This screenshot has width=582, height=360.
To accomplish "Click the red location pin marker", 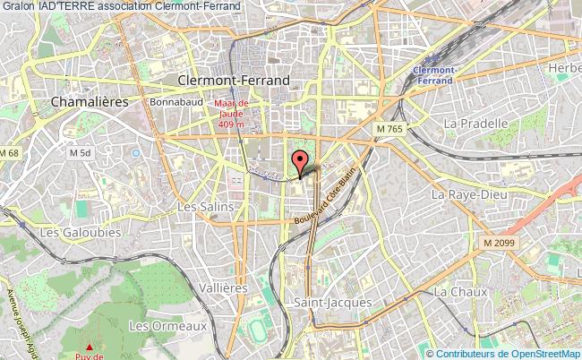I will pos(299,163).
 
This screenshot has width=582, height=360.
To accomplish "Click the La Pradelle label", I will pos(475,123).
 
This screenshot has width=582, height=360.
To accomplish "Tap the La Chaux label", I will pos(459,292).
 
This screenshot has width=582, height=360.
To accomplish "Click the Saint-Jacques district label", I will pos(332,303).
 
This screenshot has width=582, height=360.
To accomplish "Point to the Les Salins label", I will pos(205,206).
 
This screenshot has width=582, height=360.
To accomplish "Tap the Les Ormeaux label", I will pos(167,326).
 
